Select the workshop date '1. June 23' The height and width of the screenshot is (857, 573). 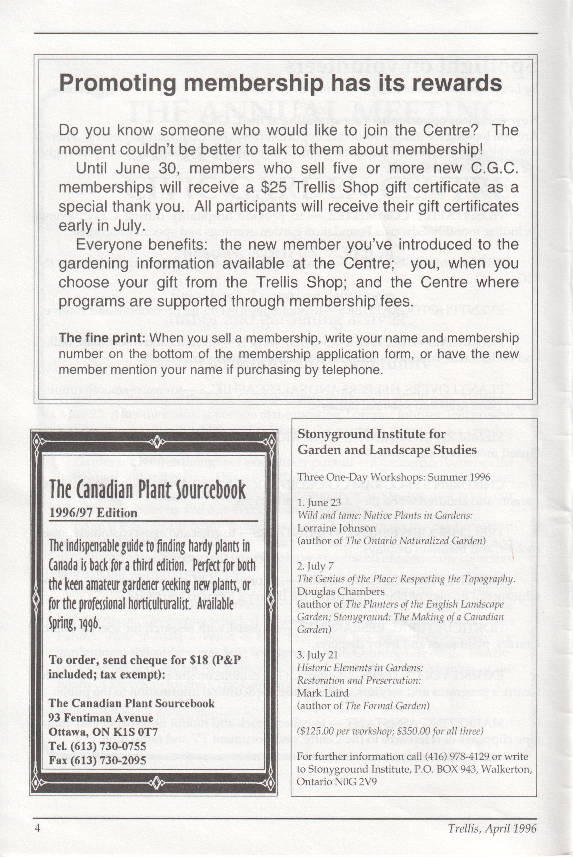319,502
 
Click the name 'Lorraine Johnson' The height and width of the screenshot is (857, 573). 337,528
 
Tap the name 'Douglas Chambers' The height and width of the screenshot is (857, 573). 341,591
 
